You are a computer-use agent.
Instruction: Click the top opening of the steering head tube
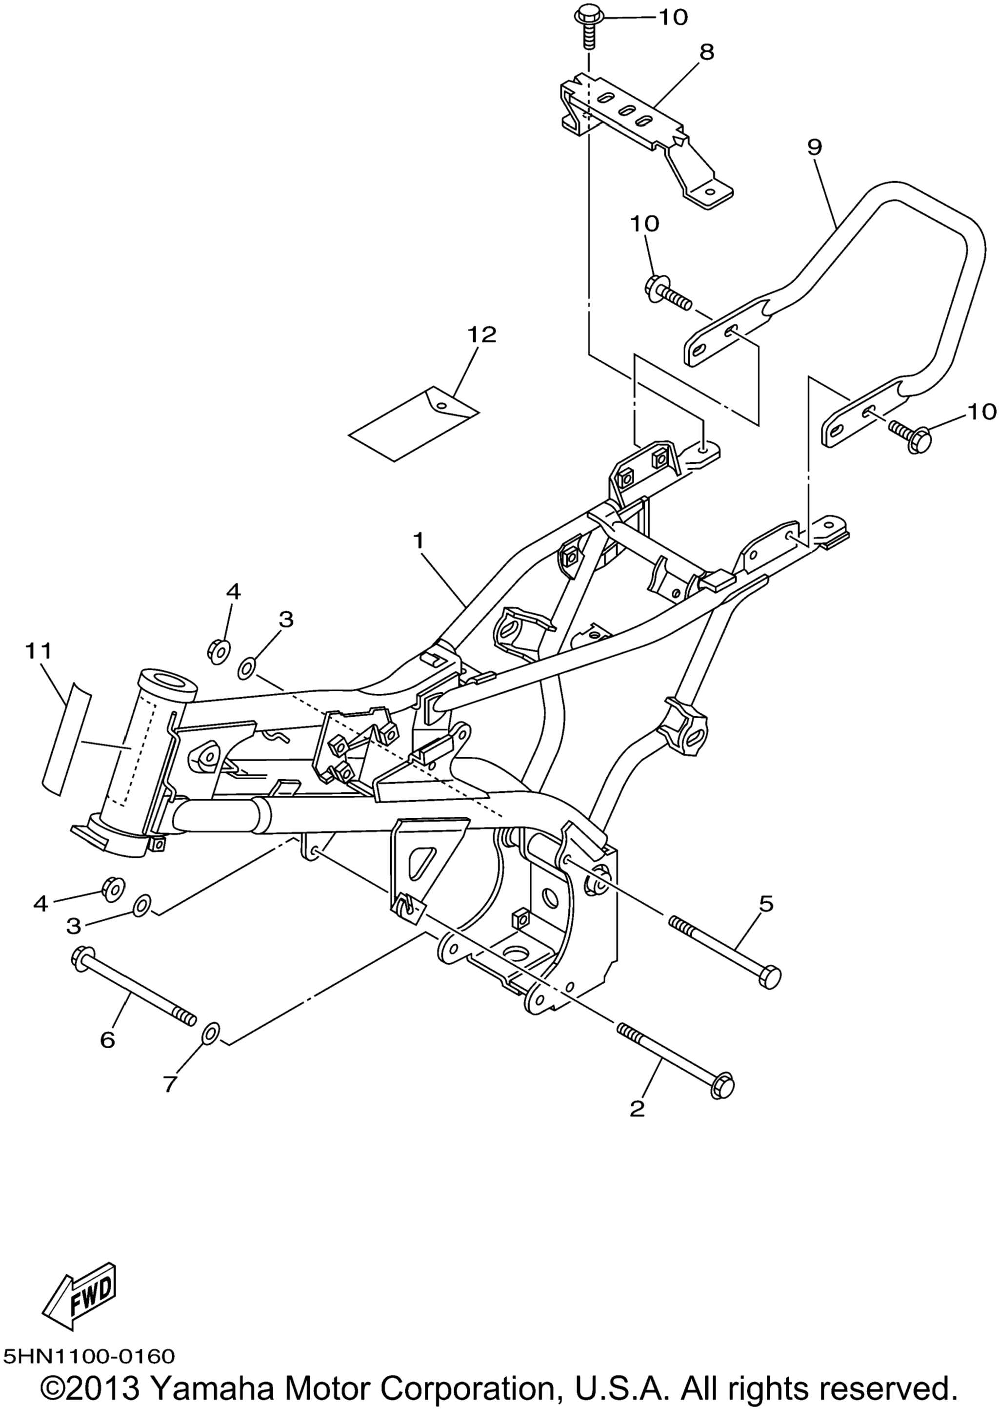[168, 680]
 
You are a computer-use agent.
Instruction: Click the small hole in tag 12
[440, 404]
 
